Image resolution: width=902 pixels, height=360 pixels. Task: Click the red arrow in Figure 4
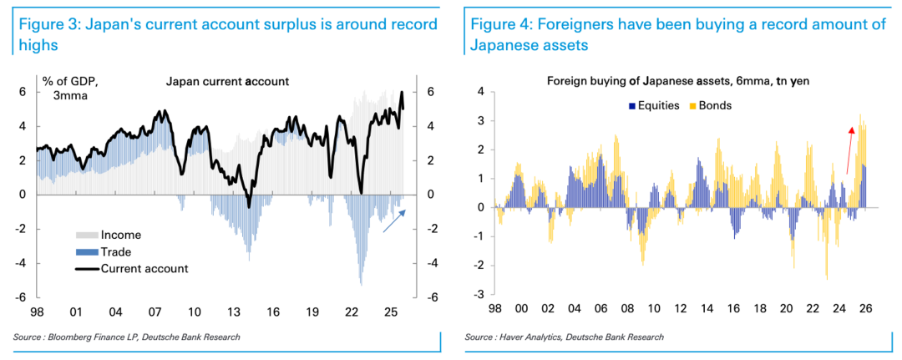pyautogui.click(x=849, y=150)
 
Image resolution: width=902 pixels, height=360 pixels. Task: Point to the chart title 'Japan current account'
pyautogui.click(x=227, y=82)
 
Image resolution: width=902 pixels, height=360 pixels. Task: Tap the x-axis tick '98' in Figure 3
pyautogui.click(x=38, y=312)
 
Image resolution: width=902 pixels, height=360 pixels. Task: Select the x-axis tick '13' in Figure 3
pyautogui.click(x=234, y=312)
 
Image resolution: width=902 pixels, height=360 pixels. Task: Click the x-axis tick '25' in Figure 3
pyautogui.click(x=390, y=312)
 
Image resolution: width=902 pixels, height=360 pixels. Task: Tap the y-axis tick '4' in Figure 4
pyautogui.click(x=480, y=92)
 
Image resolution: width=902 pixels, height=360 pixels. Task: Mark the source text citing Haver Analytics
pyautogui.click(x=565, y=337)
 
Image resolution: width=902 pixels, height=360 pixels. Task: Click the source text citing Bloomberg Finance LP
pyautogui.click(x=126, y=337)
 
